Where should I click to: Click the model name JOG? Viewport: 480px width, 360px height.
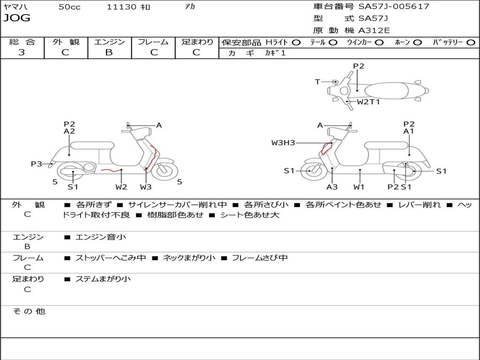pos(17,18)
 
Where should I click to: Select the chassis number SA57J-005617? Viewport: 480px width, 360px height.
pos(394,7)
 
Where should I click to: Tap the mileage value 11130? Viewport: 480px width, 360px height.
pos(121,7)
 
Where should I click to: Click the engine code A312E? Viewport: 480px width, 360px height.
pos(374,31)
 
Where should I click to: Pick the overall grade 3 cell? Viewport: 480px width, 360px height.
pos(22,52)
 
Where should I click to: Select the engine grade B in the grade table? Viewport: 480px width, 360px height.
pos(109,52)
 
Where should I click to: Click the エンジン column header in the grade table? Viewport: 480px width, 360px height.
pos(109,42)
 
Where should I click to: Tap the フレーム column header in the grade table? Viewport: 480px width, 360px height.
pos(153,42)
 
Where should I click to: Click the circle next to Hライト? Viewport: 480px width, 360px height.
pos(296,43)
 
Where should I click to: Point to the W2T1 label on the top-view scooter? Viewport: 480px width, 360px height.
pos(368,101)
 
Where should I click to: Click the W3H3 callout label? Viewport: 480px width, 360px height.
pos(283,142)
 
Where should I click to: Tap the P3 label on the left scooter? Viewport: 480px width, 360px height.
pos(37,164)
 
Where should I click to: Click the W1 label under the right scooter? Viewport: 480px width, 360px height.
pos(359,187)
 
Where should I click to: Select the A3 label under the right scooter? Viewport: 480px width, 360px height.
pos(332,187)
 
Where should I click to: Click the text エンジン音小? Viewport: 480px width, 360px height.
pos(101,237)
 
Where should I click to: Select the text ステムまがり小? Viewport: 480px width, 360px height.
pos(103,279)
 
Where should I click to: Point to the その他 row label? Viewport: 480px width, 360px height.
pos(29,311)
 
